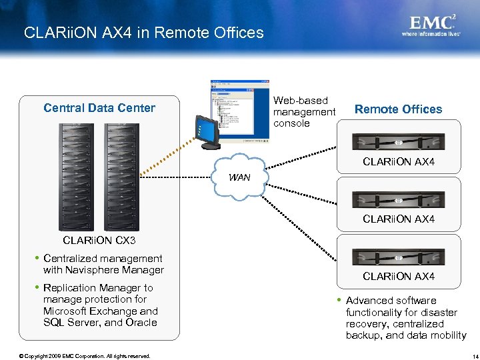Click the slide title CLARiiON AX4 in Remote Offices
point(143,33)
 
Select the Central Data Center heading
point(99,108)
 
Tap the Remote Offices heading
point(398,109)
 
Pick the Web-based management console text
point(304,112)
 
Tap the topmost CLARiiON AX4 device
point(398,142)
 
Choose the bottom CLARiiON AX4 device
point(398,256)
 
